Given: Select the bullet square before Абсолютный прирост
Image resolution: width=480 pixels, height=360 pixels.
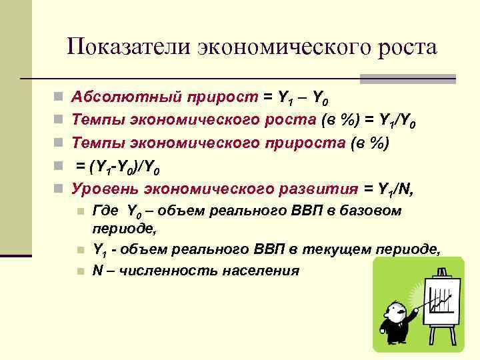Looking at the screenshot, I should click(x=58, y=98).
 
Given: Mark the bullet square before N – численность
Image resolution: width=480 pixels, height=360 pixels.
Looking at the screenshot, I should click(x=80, y=272).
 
